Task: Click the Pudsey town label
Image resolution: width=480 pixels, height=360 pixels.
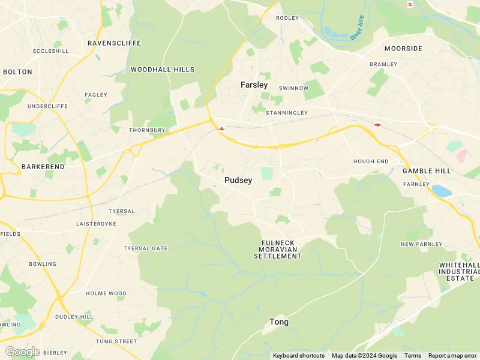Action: pos(238,180)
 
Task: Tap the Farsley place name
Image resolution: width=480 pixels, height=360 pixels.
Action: pos(254,85)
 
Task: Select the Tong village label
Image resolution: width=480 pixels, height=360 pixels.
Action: pos(278,322)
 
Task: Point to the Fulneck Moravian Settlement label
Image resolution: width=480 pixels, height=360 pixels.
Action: pos(277,249)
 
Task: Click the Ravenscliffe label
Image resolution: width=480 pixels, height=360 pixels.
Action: pos(114,43)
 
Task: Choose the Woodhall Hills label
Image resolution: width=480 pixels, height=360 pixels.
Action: pos(163,70)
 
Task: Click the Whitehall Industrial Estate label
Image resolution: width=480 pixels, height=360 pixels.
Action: pos(460,271)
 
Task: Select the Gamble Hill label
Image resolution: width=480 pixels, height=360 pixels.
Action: pos(427,171)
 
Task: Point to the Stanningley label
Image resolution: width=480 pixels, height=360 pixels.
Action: pos(286,113)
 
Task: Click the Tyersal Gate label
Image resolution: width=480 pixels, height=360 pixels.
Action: pos(146,248)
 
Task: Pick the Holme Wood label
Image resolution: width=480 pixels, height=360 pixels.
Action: pos(106,294)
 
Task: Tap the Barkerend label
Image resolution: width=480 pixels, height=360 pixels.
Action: pos(43,166)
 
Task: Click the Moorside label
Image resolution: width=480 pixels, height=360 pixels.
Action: pos(403,49)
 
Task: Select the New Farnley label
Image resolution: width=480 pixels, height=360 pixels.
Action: pos(421,244)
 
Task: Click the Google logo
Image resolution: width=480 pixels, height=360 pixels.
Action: pos(22,352)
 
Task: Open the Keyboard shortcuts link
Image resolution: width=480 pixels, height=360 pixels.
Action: pos(299,356)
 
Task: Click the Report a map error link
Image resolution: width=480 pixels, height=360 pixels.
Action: pos(452,356)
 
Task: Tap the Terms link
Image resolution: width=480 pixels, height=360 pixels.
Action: pos(413,356)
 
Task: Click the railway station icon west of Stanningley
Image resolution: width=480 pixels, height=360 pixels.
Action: pos(221,128)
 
